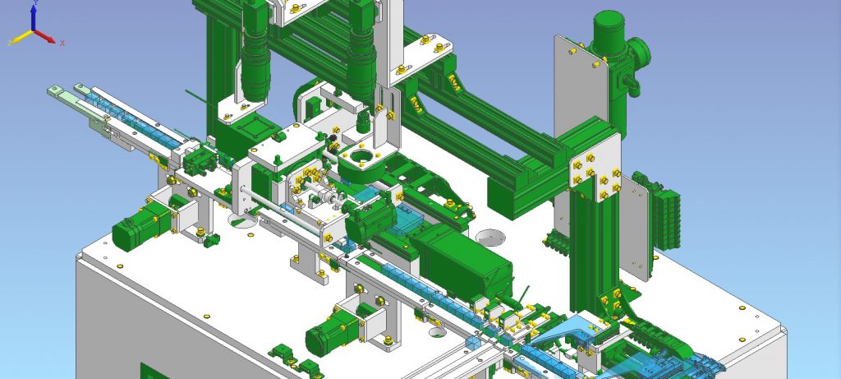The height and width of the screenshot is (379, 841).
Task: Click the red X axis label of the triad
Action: [x=62, y=42]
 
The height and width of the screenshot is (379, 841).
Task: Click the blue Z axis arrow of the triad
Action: [x=34, y=18]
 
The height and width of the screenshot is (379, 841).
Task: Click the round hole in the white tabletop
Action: [x=492, y=237]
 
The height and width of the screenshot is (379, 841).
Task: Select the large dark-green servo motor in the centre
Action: [x=460, y=263]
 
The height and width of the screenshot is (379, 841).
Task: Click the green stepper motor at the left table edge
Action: [x=140, y=227]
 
